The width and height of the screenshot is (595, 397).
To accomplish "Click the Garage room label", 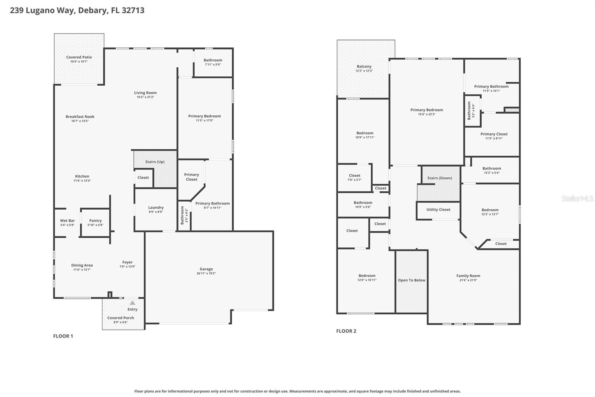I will coord(206,269).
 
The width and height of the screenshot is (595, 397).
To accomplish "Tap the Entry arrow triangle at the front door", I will coord(132,303).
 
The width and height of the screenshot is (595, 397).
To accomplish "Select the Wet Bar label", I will coord(67,220).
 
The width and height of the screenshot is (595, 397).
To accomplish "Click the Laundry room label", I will coord(156,207).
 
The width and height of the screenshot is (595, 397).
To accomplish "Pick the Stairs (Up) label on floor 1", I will coord(155,162).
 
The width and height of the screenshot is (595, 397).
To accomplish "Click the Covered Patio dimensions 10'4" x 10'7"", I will coord(79,61).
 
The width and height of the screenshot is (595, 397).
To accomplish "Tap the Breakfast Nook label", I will coord(80,117).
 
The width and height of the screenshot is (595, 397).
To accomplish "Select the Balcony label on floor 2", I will coord(364,66).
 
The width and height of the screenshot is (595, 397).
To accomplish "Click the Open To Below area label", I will coord(411,280).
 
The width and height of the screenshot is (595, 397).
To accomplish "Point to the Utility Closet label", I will coord(438,210).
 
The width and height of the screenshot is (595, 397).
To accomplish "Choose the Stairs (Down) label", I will coord(440,178).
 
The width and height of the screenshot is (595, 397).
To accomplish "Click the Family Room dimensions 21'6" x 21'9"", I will coord(468,280).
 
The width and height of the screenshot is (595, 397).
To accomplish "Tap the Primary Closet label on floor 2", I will coord(494,134).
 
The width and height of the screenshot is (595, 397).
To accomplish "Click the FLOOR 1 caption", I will coord(63,336).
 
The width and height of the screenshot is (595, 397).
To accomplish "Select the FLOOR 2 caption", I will coord(346,331).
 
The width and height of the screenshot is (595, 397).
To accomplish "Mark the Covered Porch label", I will coord(120,318).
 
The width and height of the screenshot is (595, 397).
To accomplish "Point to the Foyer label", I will coord(127,262).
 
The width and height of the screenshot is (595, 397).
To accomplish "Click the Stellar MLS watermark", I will coord(577,198).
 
